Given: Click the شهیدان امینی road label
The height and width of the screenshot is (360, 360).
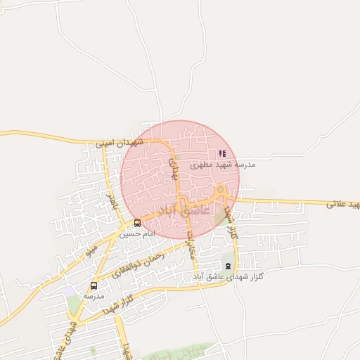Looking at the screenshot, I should click(x=120, y=143).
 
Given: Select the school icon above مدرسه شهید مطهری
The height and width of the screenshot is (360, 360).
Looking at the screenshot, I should click(x=222, y=153).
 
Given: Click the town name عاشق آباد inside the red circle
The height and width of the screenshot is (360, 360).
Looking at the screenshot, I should click(x=185, y=210).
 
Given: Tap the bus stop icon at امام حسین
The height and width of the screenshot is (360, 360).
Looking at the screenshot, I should click(x=137, y=224).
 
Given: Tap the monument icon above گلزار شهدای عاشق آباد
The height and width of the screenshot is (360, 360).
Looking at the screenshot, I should click(x=227, y=266).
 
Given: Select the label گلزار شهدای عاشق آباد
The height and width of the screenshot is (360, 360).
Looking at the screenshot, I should click(x=229, y=277).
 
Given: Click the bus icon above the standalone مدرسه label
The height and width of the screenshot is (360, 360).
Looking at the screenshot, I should click(x=94, y=285).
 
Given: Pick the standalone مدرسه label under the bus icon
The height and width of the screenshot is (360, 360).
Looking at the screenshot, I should click(x=94, y=296).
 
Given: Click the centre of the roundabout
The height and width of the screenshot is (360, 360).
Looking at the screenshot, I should click(x=221, y=190).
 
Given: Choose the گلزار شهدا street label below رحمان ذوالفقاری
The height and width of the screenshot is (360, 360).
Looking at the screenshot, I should click(x=117, y=305).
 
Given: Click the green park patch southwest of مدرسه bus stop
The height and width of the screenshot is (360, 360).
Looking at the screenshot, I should click(x=75, y=304).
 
